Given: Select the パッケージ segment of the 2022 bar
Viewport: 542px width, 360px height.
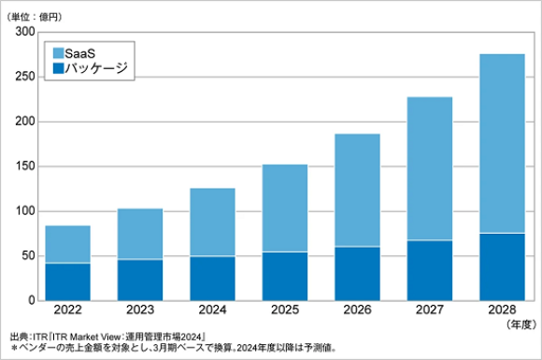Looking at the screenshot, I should (x=69, y=281).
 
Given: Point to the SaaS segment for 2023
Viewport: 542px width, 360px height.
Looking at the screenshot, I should (x=140, y=234).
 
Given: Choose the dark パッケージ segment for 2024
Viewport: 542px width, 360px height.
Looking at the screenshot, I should (x=213, y=278).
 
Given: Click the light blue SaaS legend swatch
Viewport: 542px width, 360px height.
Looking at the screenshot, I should (x=60, y=53).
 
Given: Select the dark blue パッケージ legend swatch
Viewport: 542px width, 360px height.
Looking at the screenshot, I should (x=60, y=68).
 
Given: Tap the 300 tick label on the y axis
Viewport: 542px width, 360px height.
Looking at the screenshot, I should (x=24, y=32).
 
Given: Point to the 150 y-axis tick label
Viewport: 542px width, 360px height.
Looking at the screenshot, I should (x=24, y=166).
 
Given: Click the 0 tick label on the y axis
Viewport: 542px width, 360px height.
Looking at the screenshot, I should (x=31, y=301).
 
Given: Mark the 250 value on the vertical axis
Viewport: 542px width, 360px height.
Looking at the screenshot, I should (x=24, y=77).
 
